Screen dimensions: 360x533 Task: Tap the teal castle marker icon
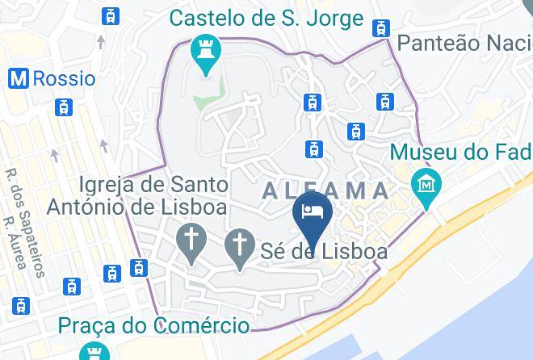click(x=206, y=54)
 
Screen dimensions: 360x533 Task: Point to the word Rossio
click(x=63, y=79)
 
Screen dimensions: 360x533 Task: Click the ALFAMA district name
click(x=325, y=190)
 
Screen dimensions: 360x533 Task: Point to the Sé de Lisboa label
click(x=325, y=251)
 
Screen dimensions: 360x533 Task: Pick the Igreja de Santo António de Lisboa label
click(x=136, y=196)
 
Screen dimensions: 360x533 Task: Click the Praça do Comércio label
click(x=153, y=326)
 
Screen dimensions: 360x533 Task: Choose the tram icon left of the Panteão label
click(x=380, y=28)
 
